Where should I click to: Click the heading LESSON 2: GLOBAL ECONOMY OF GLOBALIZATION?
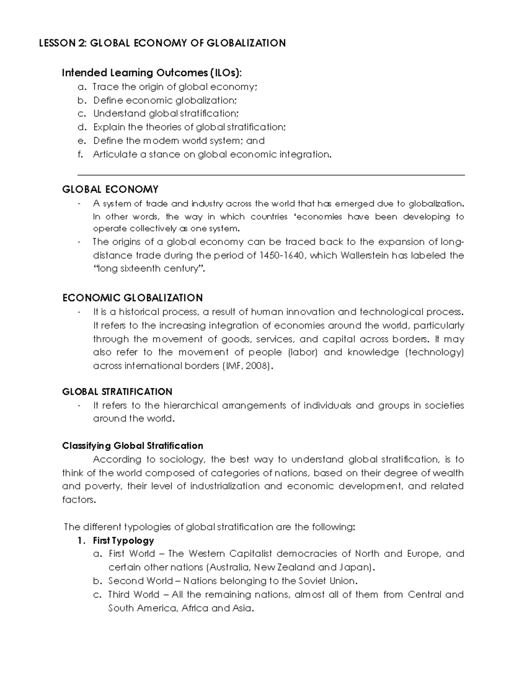[x=162, y=43]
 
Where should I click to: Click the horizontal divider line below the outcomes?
[x=271, y=175]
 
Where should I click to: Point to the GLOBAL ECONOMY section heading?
[x=110, y=189]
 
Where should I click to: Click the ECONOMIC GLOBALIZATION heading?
[x=132, y=298]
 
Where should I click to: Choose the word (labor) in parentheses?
[x=302, y=352]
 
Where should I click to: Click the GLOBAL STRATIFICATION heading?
[x=117, y=391]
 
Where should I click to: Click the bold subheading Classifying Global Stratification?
[x=133, y=446]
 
